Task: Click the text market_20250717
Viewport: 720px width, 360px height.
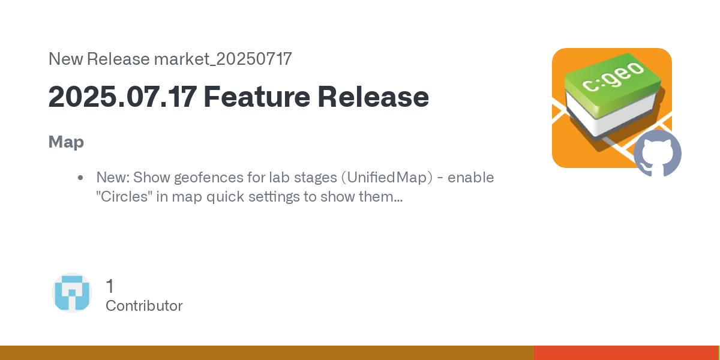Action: coord(223,59)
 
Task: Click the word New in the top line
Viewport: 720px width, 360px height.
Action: coord(65,59)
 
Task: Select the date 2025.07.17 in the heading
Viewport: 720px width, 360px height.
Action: coord(122,97)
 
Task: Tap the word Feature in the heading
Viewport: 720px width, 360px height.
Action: coord(257,97)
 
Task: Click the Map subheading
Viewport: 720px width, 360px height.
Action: coord(66,142)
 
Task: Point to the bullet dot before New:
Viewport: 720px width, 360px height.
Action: coord(80,178)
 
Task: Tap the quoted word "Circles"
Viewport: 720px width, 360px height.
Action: coord(124,196)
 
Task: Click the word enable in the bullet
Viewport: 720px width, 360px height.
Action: coord(470,178)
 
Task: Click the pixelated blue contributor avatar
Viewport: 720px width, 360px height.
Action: coord(72,293)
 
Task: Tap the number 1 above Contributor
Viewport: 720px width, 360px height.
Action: coord(110,286)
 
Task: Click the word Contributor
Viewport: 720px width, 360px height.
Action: coord(144,305)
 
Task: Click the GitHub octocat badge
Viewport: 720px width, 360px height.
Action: coord(658,154)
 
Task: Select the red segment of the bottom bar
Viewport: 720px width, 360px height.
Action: coord(626,353)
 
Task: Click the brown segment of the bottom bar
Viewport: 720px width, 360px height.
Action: coord(267,353)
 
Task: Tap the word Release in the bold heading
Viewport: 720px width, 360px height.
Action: coord(373,97)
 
